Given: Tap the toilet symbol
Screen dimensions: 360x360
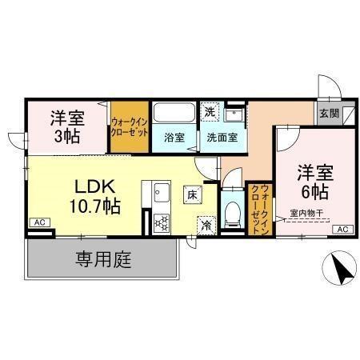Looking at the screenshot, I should click(x=233, y=214).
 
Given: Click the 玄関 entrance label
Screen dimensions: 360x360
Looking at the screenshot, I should click(x=329, y=114).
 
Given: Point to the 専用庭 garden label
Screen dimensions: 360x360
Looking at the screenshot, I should click(x=103, y=259).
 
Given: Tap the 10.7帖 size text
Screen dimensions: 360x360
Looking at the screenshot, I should click(x=94, y=207).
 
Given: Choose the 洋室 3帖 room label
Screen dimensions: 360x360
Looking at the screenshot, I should click(x=66, y=126).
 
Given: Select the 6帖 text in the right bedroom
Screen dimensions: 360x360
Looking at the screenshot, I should click(x=314, y=191).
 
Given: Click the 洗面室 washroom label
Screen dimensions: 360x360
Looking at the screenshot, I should click(x=222, y=137).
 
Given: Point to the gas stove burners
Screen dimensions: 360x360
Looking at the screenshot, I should click(x=158, y=222).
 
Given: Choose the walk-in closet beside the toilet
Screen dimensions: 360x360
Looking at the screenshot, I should click(x=261, y=206).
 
